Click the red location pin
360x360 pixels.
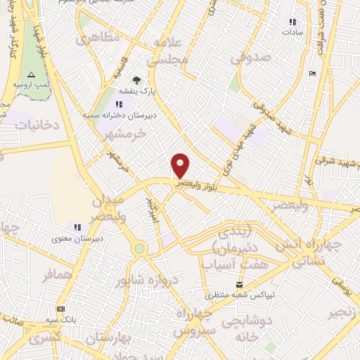point(181,165)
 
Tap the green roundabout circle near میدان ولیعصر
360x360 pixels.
point(139,247)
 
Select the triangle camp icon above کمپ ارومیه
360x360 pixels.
point(30,74)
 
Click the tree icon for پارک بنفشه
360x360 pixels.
point(136,80)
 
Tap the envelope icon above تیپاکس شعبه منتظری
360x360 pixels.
point(240,285)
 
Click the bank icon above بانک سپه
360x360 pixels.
point(60,308)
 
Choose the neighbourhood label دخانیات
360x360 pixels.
point(25,124)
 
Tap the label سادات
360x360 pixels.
point(292,32)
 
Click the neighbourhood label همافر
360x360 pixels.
point(58,276)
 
